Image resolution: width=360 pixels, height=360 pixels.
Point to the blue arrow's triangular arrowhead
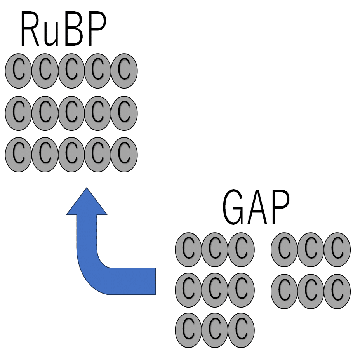point(87,202)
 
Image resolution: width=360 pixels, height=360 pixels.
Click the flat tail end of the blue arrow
point(153,280)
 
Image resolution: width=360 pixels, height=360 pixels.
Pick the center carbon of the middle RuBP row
point(71,113)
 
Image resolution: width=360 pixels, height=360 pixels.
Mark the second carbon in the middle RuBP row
point(45,113)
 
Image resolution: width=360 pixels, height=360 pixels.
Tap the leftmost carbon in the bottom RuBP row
point(19,154)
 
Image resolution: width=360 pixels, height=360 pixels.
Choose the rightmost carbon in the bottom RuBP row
point(124,154)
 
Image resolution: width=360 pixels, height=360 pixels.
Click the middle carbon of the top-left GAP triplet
point(215,249)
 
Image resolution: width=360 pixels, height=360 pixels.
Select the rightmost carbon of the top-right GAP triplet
point(337,249)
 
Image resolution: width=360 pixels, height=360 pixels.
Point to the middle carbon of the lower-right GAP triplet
point(311,291)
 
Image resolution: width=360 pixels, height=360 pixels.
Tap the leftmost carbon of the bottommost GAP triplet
point(189,331)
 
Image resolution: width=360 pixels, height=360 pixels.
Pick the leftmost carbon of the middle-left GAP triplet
point(189,291)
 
